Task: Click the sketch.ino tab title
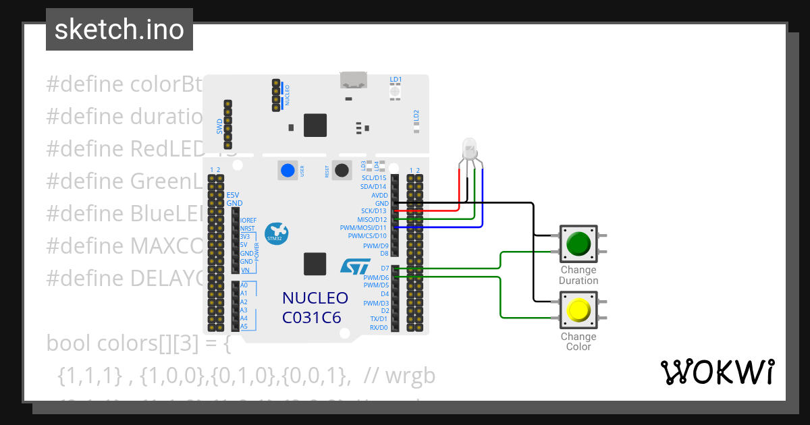[x=119, y=30]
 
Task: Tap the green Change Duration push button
[x=578, y=244]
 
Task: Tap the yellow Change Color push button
[x=578, y=310]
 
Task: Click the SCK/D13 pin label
[x=374, y=211]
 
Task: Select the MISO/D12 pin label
[x=373, y=219]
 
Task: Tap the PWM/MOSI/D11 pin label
[x=364, y=228]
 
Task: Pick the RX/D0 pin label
[x=379, y=327]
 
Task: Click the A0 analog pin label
[x=244, y=285]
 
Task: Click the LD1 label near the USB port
[x=396, y=79]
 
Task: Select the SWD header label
[x=219, y=125]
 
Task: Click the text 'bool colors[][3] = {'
[x=138, y=343]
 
